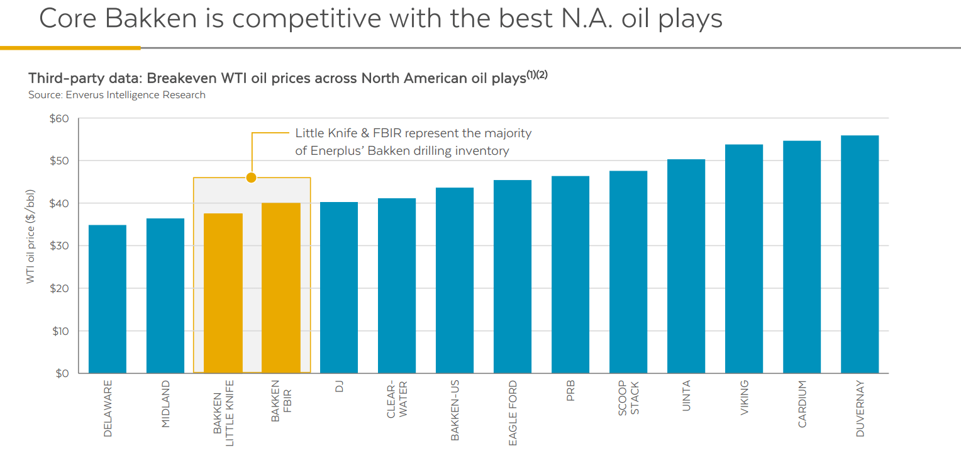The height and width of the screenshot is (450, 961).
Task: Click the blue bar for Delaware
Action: pos(108,299)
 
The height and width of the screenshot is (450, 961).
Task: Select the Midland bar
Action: pos(165,296)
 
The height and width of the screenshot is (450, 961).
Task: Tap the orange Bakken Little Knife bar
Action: pos(223,293)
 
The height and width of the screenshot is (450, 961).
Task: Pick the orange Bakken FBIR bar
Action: pos(281,288)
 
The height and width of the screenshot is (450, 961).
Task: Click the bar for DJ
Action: pos(339,288)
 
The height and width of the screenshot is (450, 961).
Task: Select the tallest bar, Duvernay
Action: pos(860,254)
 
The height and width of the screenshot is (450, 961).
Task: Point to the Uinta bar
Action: pos(686,266)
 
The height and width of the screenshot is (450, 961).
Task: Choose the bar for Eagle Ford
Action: pos(513,277)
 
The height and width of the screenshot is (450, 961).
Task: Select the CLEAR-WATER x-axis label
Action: pos(397,398)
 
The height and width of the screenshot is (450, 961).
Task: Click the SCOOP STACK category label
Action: pos(628,398)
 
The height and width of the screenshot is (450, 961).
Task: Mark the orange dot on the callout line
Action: pos(252,177)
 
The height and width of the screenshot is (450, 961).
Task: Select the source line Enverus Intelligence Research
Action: pos(117,95)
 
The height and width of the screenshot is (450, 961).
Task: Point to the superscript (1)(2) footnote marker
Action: pos(537,75)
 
